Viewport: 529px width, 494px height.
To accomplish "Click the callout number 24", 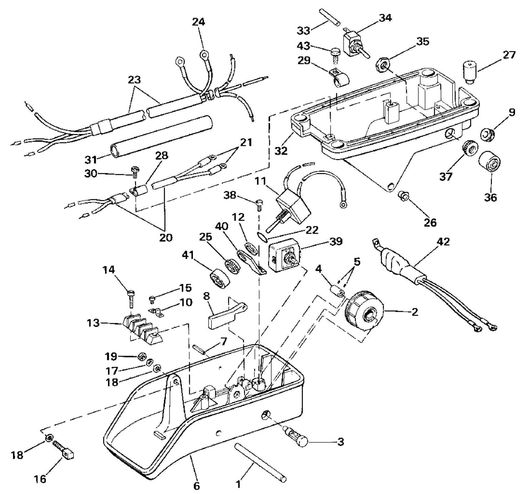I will (x=199, y=22).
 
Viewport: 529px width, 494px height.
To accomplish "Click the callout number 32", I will (x=281, y=151).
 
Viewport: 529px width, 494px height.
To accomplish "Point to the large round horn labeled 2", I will (x=364, y=314).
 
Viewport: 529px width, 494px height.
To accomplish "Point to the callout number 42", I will (x=443, y=242).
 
